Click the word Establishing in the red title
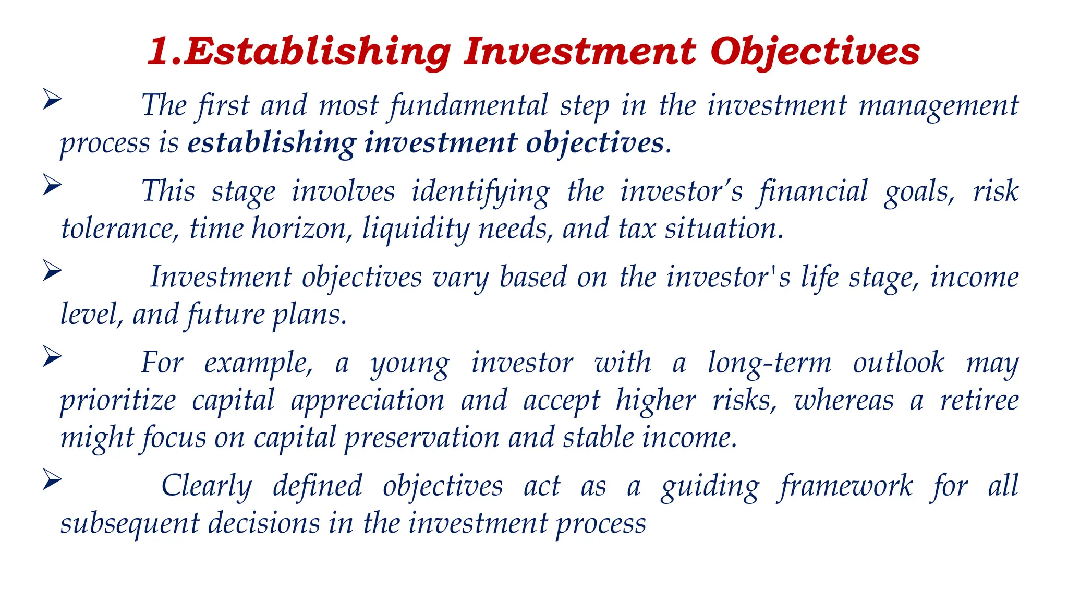click(x=318, y=52)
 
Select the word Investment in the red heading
click(x=579, y=52)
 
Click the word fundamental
click(x=469, y=106)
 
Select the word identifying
click(x=480, y=192)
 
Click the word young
click(x=409, y=364)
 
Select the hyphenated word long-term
click(x=769, y=363)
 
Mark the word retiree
click(x=979, y=401)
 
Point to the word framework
click(x=845, y=487)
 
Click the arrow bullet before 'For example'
click(x=52, y=357)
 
